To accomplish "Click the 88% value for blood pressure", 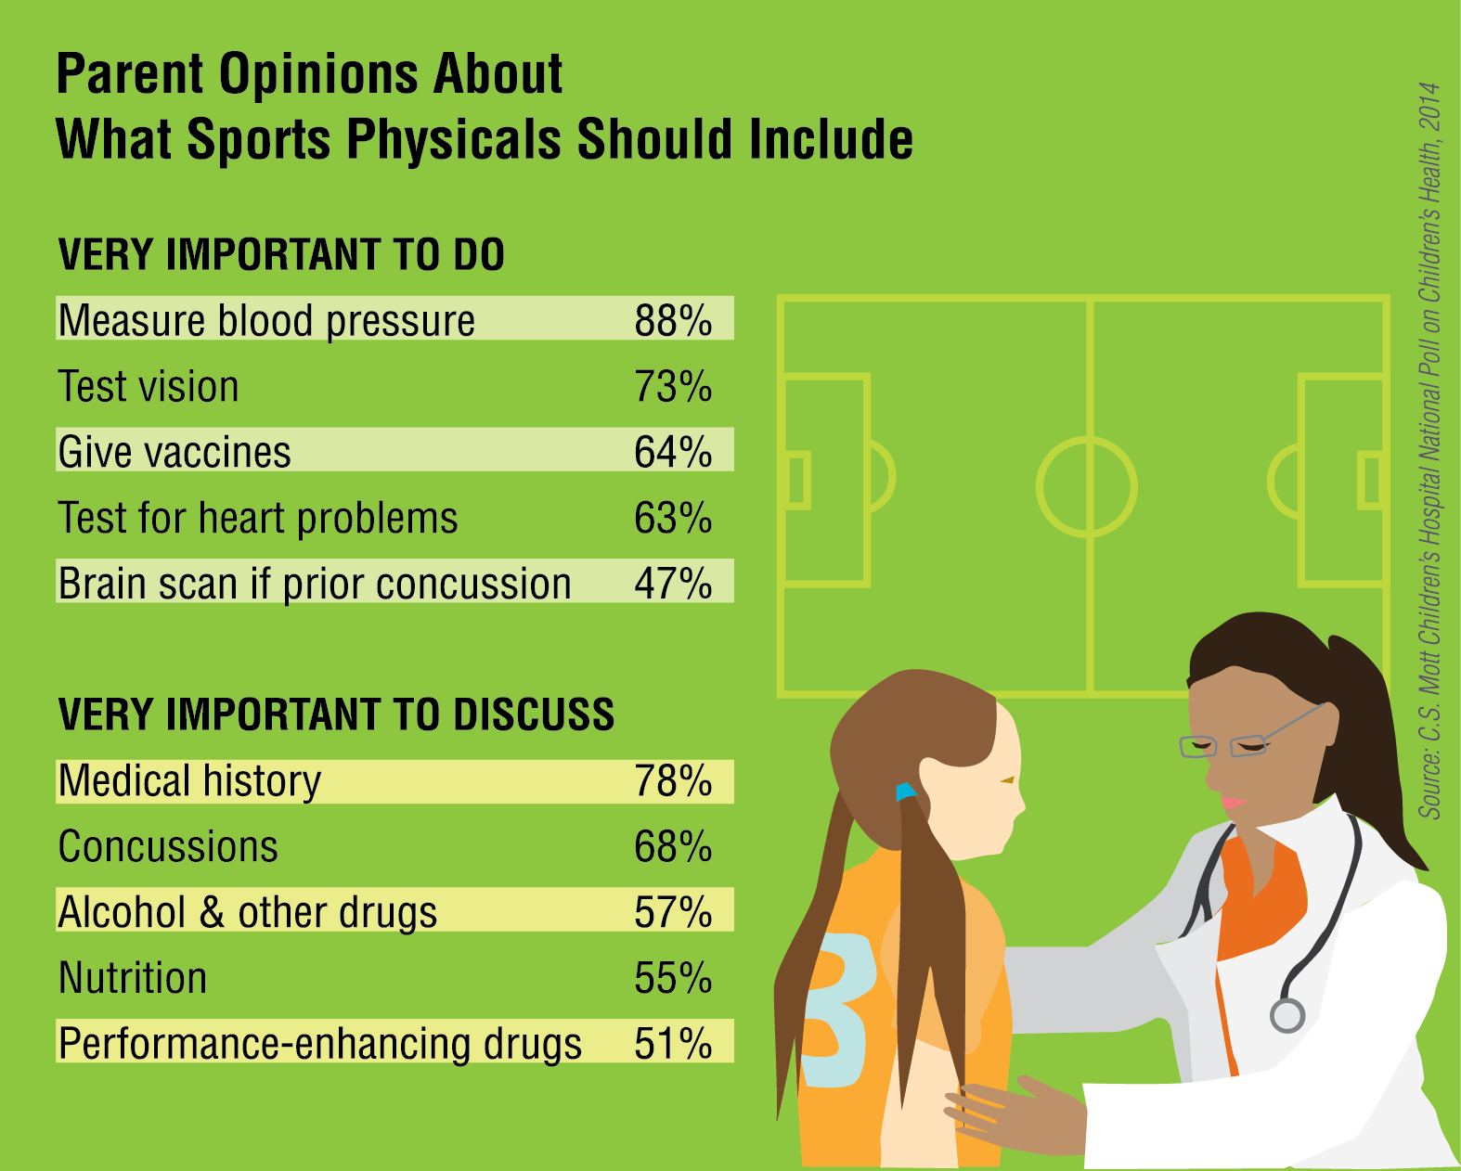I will pos(673,320).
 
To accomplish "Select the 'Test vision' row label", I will pos(149,387).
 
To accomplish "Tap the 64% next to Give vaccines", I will pos(673,453).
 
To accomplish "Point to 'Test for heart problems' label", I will pos(257,518).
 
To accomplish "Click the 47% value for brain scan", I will pos(673,584).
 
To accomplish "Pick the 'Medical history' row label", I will pos(189,781).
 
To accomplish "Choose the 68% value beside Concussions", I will pos(673,847).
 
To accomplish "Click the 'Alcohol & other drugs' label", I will pos(247,913).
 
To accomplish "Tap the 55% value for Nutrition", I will pos(673,978).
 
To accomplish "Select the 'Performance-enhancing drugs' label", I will pos(319,1044).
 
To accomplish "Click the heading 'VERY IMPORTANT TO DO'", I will pos(280,255).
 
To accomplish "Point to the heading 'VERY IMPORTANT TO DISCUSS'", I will pos(336,714).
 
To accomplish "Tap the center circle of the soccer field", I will pos(1087,487).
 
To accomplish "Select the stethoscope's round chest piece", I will pos(1287,1015).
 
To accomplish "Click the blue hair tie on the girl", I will pos(905,791).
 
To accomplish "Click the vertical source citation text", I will pos(1429,450).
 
